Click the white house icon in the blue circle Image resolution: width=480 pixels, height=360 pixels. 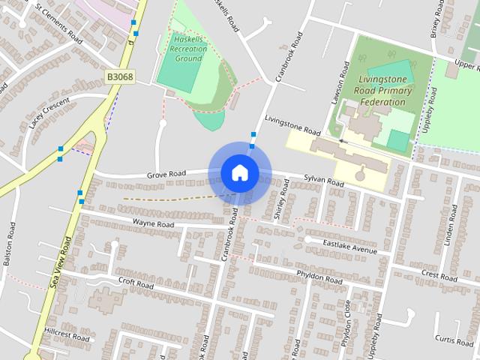[239, 172]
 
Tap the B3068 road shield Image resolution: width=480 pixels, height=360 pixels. [119, 76]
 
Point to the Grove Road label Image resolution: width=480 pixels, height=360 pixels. [166, 174]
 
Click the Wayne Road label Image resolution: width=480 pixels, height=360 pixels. [153, 223]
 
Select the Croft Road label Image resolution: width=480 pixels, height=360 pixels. [135, 285]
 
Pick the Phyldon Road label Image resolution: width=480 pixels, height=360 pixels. [319, 277]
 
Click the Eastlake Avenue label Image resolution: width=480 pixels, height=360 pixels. [350, 245]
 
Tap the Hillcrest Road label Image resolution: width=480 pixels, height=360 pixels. [66, 335]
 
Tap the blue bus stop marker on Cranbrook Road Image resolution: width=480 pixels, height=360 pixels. [253, 136]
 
